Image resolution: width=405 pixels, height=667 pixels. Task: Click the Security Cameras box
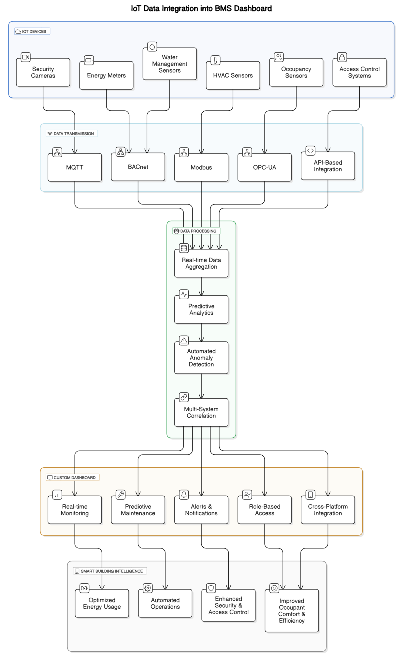pos(43,72)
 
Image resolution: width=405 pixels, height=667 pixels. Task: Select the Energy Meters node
pos(106,76)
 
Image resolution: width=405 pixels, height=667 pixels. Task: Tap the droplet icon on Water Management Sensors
pos(152,47)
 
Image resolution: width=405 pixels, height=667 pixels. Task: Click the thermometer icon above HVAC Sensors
pos(215,60)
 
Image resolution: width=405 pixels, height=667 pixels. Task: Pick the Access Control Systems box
pos(359,72)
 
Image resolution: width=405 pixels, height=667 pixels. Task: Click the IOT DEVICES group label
pos(32,32)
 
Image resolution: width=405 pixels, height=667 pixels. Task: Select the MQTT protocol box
pos(75,167)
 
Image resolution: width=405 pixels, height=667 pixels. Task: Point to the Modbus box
pos(201,167)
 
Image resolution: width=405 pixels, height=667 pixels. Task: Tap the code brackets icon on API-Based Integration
pos(310,151)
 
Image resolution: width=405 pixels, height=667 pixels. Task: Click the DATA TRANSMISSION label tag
pos(72,134)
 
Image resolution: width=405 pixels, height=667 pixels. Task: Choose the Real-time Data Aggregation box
pos(201,263)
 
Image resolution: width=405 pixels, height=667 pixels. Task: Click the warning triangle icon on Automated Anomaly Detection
pos(184,341)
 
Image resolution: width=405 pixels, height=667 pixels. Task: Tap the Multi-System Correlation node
pos(201,412)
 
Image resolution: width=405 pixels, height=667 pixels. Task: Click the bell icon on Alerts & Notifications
pos(184,495)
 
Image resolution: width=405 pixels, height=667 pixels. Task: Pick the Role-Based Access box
pos(264,510)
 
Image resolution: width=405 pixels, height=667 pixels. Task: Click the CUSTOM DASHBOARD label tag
pos(72,477)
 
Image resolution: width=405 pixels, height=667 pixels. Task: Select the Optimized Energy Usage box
pos(102,603)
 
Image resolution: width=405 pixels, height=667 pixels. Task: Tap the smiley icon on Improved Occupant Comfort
pos(274,588)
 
